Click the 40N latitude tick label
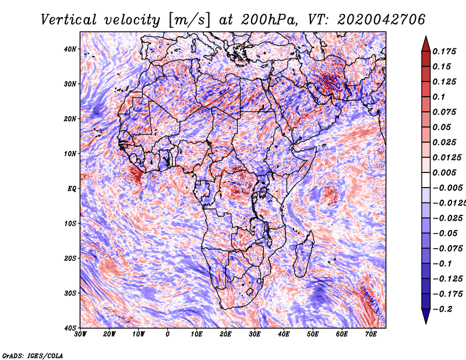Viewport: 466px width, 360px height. (x=70, y=49)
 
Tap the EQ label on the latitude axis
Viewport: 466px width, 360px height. (x=72, y=189)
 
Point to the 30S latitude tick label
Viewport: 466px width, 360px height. (x=70, y=293)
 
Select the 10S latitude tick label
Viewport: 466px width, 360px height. (x=70, y=224)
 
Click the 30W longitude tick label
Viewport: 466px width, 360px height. (x=80, y=334)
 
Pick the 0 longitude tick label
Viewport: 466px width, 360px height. (x=168, y=334)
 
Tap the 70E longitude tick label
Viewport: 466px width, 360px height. (x=370, y=334)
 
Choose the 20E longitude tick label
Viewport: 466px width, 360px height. (x=225, y=334)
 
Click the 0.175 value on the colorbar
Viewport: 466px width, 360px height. (x=444, y=52)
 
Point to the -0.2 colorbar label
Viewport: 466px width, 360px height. (x=443, y=309)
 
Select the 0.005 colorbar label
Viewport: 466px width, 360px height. (x=444, y=172)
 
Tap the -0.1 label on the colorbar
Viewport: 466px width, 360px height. (x=443, y=264)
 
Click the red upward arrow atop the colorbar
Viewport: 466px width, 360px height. (x=426, y=44)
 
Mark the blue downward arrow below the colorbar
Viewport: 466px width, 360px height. (x=426, y=316)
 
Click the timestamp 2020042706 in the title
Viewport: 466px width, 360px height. (x=381, y=20)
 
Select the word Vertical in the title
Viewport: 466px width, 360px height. (x=69, y=20)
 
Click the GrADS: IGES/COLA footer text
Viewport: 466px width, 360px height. (x=33, y=356)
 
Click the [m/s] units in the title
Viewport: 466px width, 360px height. (x=189, y=20)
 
